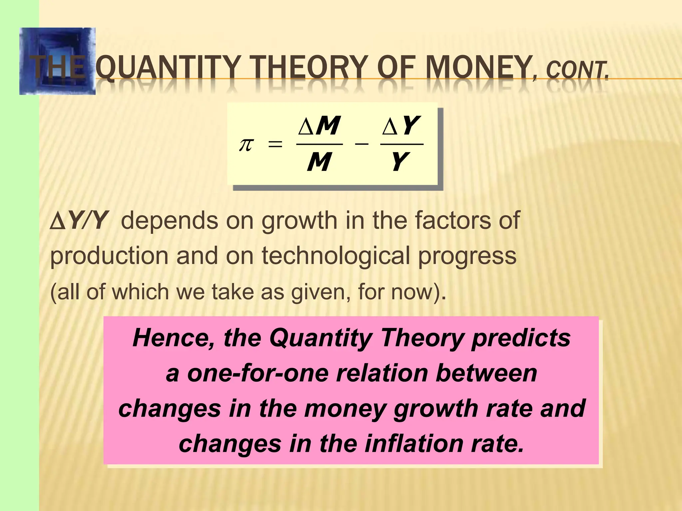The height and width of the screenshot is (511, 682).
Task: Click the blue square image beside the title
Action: click(57, 61)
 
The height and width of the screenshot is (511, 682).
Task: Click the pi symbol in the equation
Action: click(246, 145)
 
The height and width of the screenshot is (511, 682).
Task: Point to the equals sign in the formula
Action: click(275, 145)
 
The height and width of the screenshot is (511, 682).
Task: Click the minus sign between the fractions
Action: click(361, 144)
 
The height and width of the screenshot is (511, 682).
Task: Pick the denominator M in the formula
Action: click(319, 162)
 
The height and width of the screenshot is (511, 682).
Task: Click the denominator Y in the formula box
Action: click(400, 162)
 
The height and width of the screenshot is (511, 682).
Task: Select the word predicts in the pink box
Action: click(521, 338)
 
